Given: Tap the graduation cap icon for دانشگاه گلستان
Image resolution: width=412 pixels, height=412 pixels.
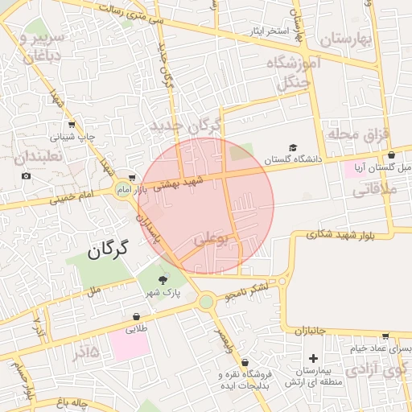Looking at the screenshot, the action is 293,147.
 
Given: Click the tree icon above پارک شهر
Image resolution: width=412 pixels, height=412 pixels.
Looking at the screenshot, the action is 163,280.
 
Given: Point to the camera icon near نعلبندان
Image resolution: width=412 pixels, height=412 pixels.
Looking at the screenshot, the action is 26,176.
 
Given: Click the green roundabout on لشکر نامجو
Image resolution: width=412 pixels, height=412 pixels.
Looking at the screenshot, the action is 207,301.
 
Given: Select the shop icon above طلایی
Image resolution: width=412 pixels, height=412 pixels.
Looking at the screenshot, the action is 134,315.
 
